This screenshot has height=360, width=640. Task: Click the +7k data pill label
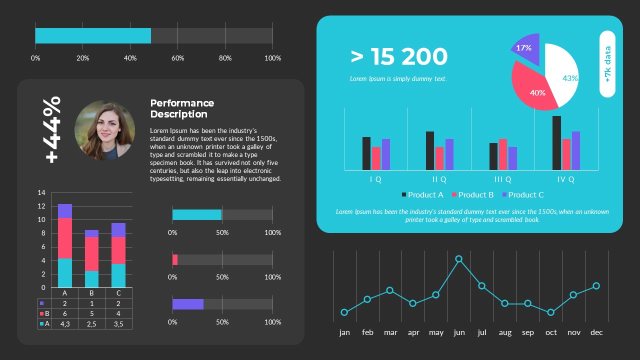607,64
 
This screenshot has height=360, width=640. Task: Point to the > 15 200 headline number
399,57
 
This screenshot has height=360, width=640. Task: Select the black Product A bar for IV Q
556,143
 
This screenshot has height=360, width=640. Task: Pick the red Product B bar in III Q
503,154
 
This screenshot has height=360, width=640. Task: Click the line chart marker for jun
458,259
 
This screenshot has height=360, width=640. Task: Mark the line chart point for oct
550,312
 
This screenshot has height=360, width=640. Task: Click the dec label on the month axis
596,332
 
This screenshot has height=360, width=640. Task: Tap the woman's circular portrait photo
104,130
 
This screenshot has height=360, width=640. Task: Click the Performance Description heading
182,108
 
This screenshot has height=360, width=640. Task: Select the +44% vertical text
52,129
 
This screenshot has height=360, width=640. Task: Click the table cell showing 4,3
64,324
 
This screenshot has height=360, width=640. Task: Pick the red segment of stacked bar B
91,254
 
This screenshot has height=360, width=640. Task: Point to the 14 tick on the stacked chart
41,192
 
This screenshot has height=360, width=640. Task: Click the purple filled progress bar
188,304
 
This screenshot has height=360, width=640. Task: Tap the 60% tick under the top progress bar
177,58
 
